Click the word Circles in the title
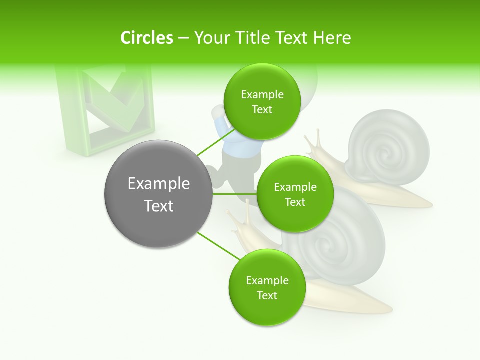pyautogui.click(x=146, y=38)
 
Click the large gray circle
pyautogui.click(x=158, y=194)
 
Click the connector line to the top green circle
pyautogui.click(x=216, y=143)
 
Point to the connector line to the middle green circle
pyautogui.click(x=234, y=194)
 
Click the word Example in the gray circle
pyautogui.click(x=159, y=184)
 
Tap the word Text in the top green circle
pyautogui.click(x=262, y=110)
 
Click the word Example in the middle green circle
pyautogui.click(x=295, y=187)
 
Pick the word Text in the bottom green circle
pyautogui.click(x=266, y=296)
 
